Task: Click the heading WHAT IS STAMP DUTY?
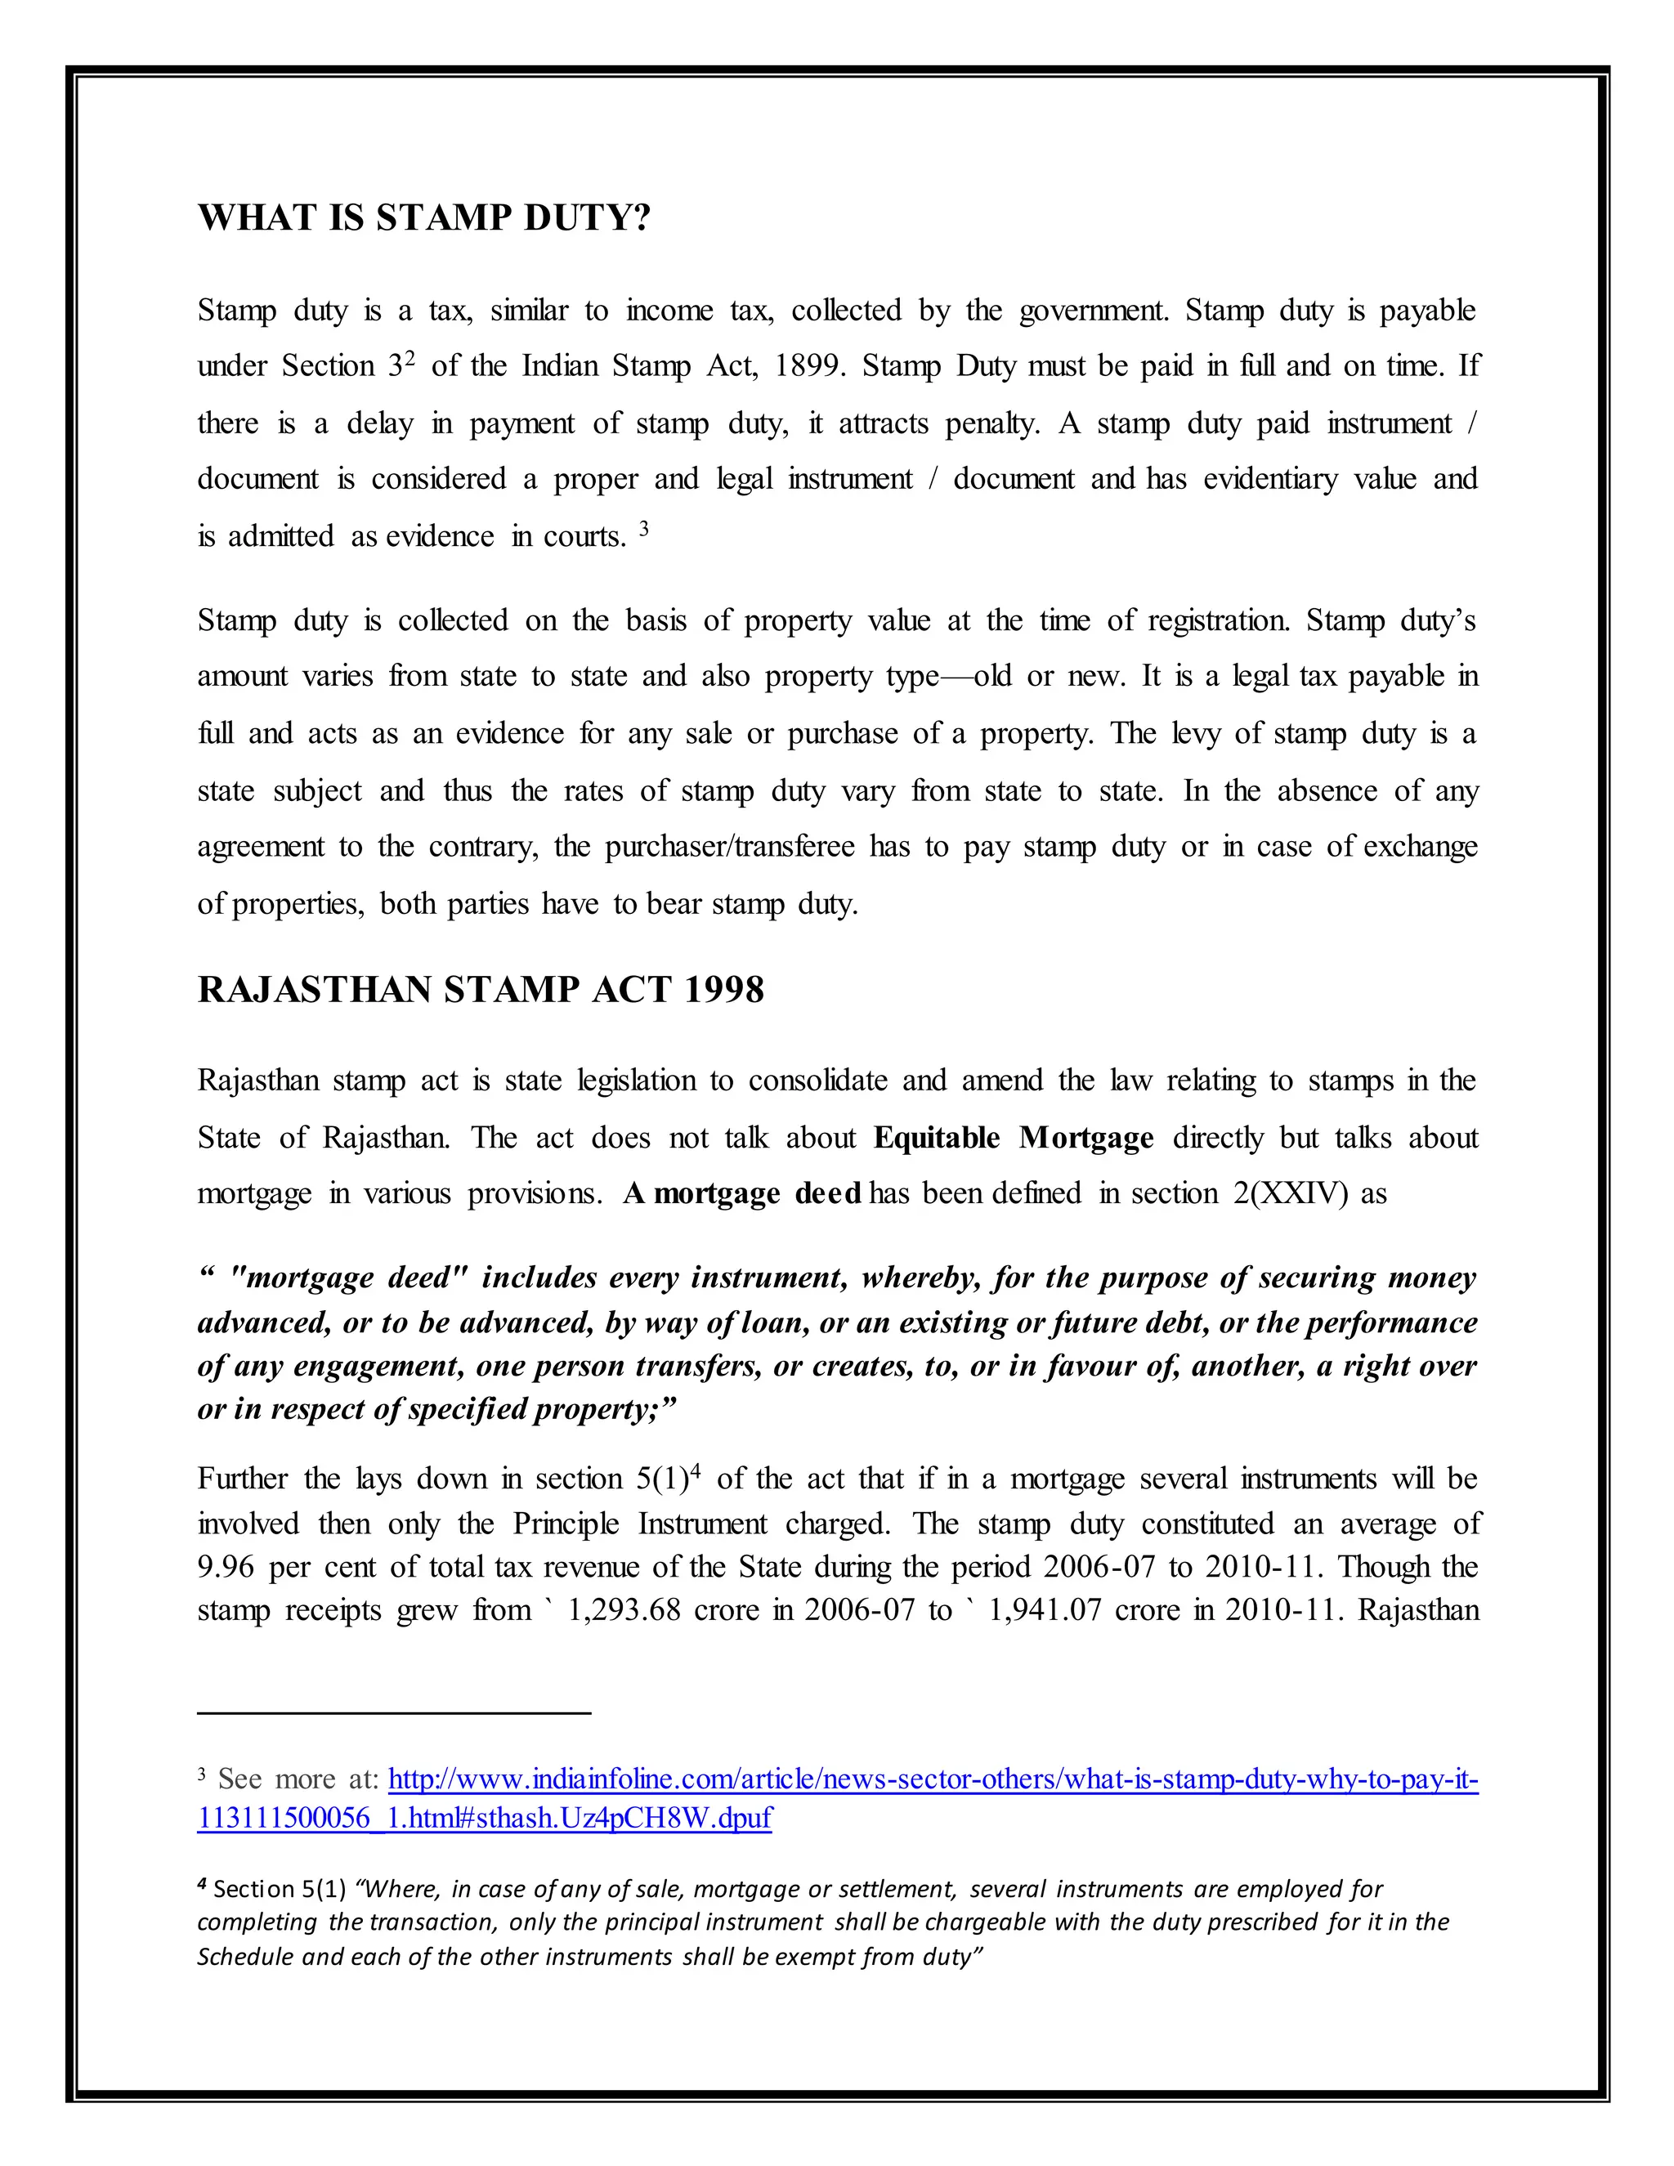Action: click(x=423, y=218)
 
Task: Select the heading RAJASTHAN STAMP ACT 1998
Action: click(x=480, y=990)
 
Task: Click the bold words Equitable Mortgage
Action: click(x=1013, y=1138)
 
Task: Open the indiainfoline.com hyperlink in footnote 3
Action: click(x=932, y=1780)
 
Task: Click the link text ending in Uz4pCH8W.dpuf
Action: click(x=484, y=1818)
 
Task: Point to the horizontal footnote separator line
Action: click(x=394, y=1712)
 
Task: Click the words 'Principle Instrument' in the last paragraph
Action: click(x=640, y=1524)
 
